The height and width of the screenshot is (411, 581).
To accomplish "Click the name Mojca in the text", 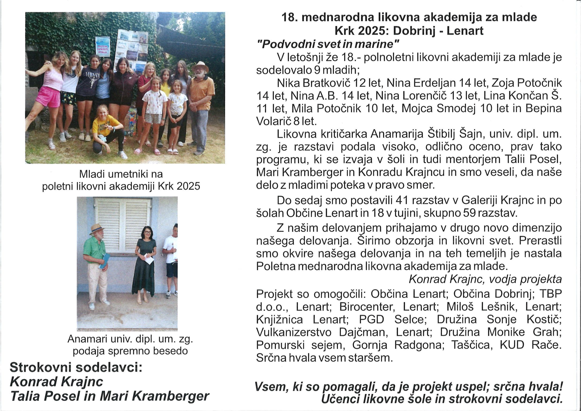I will pyautogui.click(x=417, y=108).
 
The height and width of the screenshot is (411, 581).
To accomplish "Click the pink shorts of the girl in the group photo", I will pyautogui.click(x=48, y=97).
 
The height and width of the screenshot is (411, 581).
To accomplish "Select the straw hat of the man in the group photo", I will pyautogui.click(x=200, y=66).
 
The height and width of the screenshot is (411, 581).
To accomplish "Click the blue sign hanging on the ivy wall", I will pyautogui.click(x=102, y=47).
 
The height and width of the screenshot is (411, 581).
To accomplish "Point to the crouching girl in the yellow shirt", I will pyautogui.click(x=106, y=129).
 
